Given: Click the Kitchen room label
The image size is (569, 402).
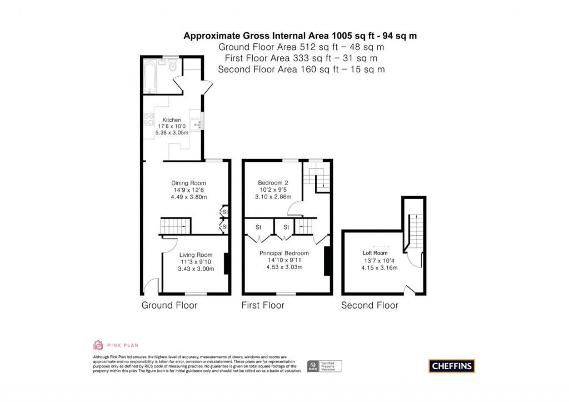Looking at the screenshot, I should coord(171,120).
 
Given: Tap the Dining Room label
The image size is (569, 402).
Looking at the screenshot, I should coord(189,183).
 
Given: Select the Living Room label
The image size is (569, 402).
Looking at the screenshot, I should coord(192,255).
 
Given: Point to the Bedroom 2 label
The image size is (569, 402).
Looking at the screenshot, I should coord(273,183).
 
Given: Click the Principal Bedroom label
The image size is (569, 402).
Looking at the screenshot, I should coord(284,253).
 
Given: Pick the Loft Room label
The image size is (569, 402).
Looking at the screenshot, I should coord(375,253).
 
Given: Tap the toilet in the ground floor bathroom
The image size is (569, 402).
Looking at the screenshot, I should coord(173,67).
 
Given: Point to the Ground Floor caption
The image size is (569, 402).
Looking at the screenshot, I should coord(169,305).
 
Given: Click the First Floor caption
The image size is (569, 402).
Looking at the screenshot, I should coord(263,305).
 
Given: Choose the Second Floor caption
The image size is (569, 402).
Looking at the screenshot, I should coord(370,305).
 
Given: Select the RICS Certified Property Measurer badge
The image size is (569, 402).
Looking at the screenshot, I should coord(325,366).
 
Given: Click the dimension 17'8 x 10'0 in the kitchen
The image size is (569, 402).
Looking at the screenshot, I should coord(171,127).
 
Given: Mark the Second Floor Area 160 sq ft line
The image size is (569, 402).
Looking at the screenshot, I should coord(301,70).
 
